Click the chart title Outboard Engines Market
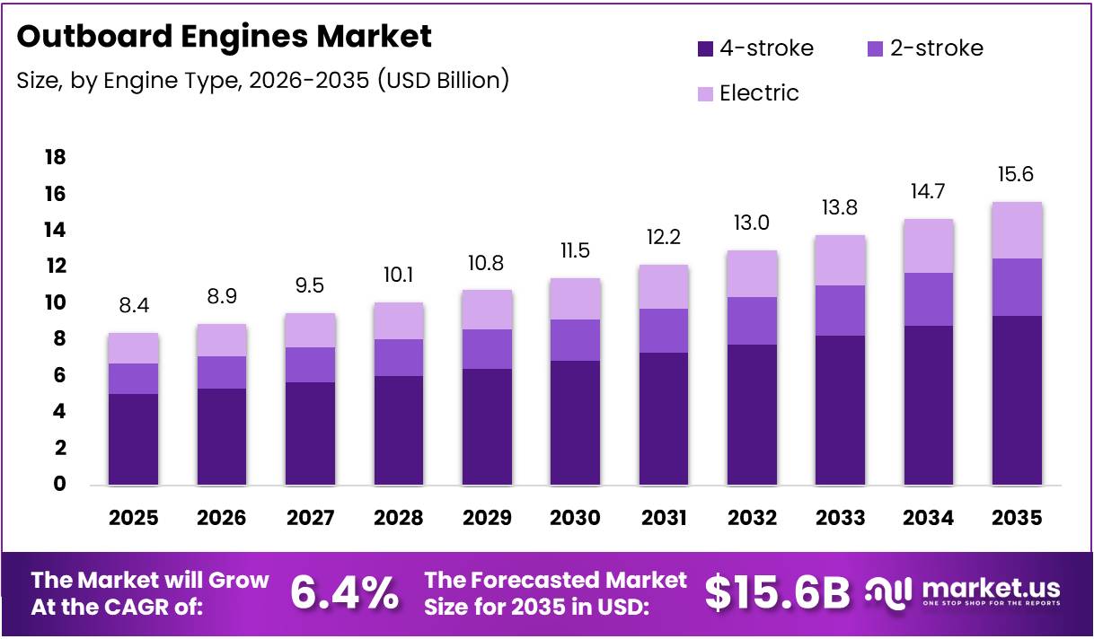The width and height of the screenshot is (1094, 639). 225,36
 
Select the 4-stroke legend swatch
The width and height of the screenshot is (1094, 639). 705,48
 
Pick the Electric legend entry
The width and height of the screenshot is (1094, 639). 759,92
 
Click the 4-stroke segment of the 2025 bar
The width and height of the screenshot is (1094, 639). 133,439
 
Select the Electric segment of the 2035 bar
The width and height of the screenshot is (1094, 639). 1017,231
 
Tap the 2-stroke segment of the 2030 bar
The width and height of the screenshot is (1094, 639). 575,340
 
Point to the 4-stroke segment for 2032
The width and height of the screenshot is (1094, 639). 752,415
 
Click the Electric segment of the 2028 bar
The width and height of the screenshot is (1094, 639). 398,321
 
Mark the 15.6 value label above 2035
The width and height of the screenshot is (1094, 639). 1016,175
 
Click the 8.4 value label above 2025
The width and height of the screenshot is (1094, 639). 133,307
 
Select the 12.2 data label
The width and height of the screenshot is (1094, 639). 664,238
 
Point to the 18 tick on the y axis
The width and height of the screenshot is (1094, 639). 55,158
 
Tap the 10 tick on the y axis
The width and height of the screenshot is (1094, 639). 55,303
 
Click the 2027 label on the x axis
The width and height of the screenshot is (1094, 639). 310,518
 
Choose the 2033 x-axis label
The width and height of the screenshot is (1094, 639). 840,518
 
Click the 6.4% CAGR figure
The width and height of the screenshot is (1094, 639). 345,592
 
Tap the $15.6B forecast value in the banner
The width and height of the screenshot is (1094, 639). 777,592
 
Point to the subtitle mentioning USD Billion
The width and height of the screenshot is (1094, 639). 263,81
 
